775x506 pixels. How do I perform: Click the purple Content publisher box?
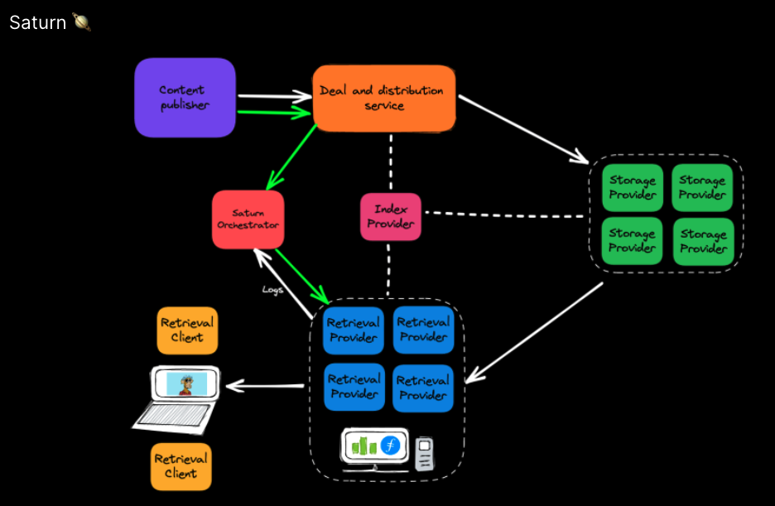click(185, 98)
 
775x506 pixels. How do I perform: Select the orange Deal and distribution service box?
click(383, 98)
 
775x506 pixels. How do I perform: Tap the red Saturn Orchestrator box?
click(248, 219)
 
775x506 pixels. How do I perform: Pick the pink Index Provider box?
click(390, 217)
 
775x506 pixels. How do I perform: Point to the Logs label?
click(272, 290)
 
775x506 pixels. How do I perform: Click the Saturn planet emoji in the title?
click(82, 22)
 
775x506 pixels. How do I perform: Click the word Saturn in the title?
click(37, 22)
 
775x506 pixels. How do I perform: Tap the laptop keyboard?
click(175, 414)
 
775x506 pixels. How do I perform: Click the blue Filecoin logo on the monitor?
click(390, 446)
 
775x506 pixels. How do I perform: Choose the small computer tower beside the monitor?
click(425, 453)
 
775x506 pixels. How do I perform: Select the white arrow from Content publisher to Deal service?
click(273, 96)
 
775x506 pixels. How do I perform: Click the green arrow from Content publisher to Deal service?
click(273, 112)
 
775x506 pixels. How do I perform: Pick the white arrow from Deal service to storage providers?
click(522, 128)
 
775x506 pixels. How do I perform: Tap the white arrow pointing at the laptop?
click(265, 385)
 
